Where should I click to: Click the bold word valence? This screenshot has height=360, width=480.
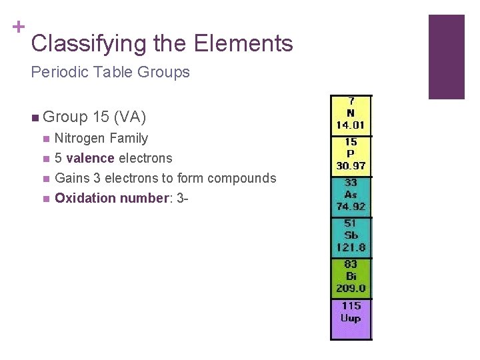click(x=90, y=159)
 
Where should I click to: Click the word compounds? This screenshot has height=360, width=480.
click(x=241, y=179)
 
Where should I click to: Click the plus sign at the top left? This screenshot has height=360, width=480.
click(x=18, y=27)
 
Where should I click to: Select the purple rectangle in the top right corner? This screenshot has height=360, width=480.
click(x=446, y=57)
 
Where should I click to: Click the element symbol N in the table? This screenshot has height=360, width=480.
click(x=351, y=113)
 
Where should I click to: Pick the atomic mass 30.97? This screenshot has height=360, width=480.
click(x=351, y=165)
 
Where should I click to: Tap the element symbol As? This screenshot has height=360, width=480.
click(x=351, y=194)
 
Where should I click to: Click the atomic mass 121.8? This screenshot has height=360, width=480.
click(x=351, y=247)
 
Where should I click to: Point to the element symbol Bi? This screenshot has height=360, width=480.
click(x=351, y=276)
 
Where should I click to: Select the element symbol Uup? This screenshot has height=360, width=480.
click(x=351, y=318)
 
